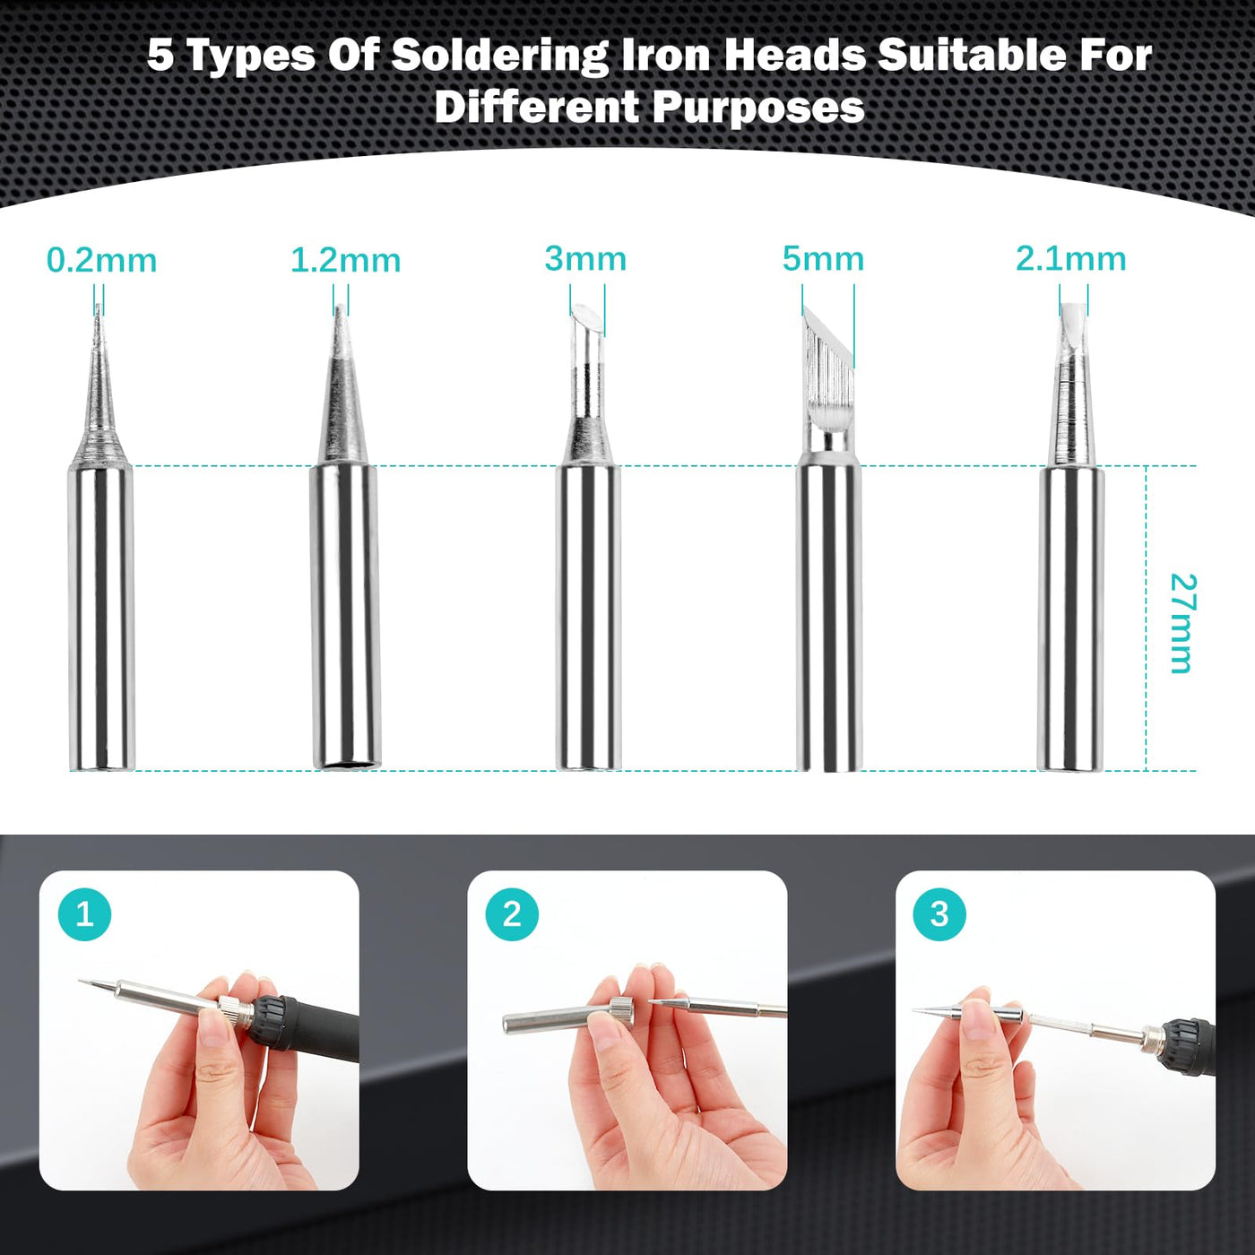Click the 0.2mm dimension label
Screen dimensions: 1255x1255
click(101, 261)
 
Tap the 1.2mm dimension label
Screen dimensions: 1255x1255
click(345, 261)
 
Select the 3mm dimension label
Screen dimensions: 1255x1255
click(585, 258)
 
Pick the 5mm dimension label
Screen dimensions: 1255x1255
click(823, 258)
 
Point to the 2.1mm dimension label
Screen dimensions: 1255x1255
click(1070, 258)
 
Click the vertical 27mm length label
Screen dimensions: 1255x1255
click(1182, 623)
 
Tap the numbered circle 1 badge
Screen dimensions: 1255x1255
click(84, 914)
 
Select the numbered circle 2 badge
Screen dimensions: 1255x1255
click(512, 914)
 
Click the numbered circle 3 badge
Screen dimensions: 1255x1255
click(939, 914)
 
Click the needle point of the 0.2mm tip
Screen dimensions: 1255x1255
click(99, 305)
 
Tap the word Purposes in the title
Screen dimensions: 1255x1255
click(758, 107)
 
